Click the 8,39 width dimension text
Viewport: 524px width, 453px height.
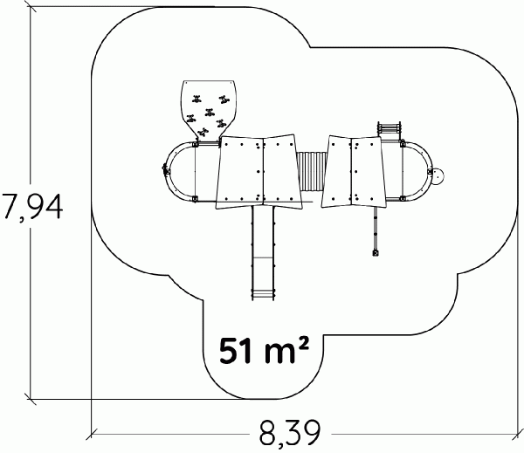click(x=290, y=433)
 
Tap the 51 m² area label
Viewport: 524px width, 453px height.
click(x=264, y=350)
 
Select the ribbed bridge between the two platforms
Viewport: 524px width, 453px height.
click(x=311, y=171)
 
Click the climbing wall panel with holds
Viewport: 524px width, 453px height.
click(x=209, y=110)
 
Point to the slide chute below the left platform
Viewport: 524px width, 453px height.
click(x=263, y=252)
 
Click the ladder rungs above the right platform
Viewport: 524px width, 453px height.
click(x=390, y=129)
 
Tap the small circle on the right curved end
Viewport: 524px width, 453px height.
click(x=438, y=176)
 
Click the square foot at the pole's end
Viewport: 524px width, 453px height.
click(x=376, y=253)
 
